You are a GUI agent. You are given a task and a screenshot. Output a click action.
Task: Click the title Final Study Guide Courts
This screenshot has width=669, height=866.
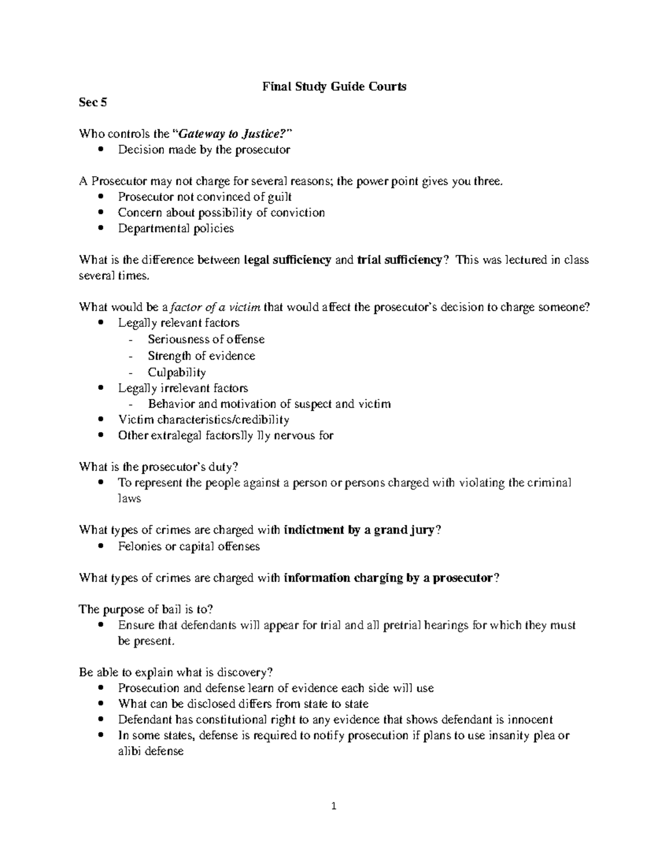(334, 86)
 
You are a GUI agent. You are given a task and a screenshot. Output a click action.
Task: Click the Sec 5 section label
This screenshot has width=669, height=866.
(93, 102)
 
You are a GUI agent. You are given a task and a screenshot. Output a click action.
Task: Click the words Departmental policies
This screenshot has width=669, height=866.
(176, 229)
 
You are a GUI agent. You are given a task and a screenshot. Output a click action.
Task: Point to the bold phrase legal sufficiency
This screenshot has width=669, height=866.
(288, 260)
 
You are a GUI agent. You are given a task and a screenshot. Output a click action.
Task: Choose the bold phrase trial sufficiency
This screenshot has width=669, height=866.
(399, 260)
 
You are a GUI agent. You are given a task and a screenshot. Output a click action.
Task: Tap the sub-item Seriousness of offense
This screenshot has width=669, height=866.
(206, 339)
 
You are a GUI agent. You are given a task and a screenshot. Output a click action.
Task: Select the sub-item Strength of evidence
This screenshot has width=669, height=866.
(201, 356)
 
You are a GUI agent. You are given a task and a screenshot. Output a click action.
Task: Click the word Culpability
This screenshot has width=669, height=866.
(177, 372)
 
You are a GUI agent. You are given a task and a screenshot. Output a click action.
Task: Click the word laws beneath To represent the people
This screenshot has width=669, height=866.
(129, 499)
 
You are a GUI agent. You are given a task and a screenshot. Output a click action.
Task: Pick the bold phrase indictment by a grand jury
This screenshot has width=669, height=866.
(359, 530)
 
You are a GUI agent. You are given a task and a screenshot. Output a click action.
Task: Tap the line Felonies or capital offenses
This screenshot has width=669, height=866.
(189, 546)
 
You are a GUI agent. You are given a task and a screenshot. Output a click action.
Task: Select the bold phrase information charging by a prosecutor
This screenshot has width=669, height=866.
(389, 578)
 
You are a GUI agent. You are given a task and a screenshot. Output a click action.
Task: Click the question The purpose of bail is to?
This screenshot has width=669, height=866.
(146, 609)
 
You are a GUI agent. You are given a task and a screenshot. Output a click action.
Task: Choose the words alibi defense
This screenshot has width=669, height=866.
(151, 751)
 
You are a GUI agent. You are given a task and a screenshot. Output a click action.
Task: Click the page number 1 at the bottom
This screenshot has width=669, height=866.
(334, 806)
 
